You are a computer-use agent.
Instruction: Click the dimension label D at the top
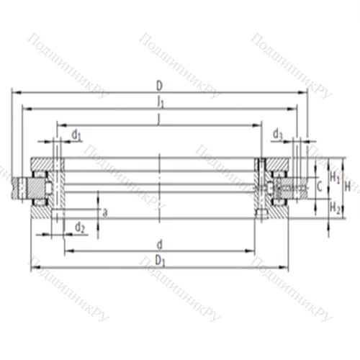coord(159,85)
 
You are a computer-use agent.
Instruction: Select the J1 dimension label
coord(159,102)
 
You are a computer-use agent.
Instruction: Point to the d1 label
coord(76,135)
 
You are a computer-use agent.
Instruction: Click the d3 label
coord(278,134)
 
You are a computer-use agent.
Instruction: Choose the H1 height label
coord(335,175)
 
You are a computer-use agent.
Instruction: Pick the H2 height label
coord(335,207)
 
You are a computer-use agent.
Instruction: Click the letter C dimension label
coord(319,188)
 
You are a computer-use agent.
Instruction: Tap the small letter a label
coord(105,212)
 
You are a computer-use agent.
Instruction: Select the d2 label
coord(79,228)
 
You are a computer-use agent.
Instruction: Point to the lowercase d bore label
coord(159,243)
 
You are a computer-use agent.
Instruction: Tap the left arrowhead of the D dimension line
coord(15,92)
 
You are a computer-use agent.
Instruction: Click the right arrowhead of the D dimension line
coord(305,92)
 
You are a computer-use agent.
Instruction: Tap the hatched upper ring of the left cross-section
coord(43,163)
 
